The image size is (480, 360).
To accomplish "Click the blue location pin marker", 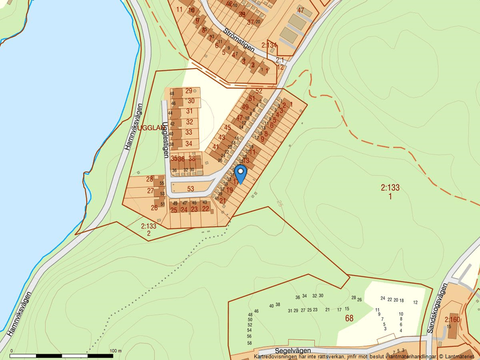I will click(x=240, y=173).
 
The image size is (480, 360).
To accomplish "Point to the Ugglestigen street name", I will click(x=166, y=140).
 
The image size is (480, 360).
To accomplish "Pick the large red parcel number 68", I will click(x=349, y=318).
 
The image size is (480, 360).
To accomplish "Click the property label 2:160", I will click(x=452, y=319).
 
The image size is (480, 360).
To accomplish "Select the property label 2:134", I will click(x=269, y=45).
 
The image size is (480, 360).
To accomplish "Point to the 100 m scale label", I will click(x=115, y=351).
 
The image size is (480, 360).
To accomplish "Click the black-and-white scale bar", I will click(x=61, y=355).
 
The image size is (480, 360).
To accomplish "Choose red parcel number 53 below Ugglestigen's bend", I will click(x=190, y=188).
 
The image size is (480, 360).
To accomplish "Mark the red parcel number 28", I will click(x=150, y=179).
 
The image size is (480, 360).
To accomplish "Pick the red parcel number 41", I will click(x=215, y=147).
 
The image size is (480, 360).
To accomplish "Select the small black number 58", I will click(x=250, y=336).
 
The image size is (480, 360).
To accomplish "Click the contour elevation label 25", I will click(x=280, y=203).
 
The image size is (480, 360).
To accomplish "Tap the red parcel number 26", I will click(x=154, y=208).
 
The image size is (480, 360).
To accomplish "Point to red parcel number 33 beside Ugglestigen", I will click(x=189, y=133).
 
